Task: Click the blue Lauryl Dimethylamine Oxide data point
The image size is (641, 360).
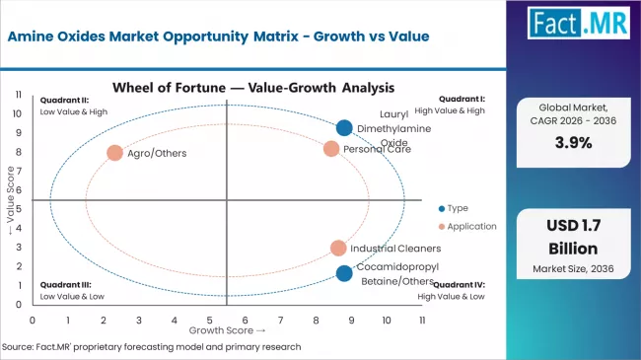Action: (x=344, y=127)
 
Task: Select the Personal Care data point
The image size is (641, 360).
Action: (x=331, y=149)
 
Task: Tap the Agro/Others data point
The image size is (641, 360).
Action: (x=115, y=153)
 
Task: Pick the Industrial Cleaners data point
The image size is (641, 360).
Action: (x=338, y=249)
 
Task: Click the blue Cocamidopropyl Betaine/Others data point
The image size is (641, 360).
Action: (x=343, y=273)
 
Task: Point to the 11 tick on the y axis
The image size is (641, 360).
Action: (x=19, y=95)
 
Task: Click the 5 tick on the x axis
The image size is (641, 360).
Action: (x=209, y=321)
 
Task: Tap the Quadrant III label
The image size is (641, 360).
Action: (x=59, y=284)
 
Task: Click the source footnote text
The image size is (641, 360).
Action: (x=153, y=347)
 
